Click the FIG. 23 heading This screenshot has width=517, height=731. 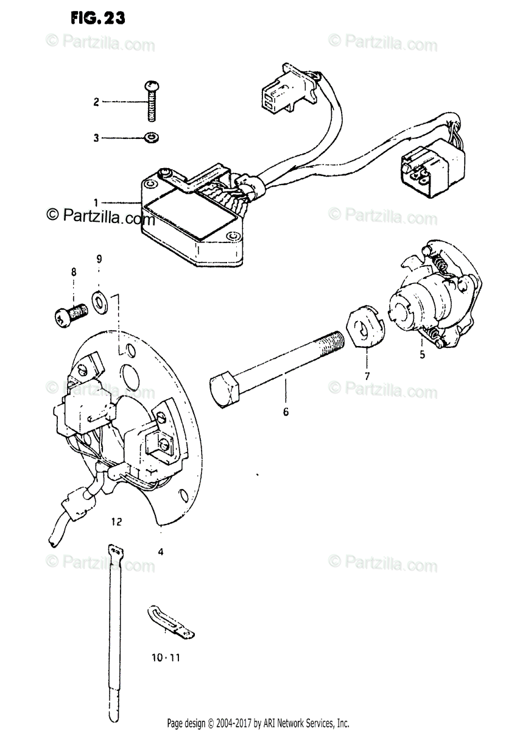click(x=97, y=18)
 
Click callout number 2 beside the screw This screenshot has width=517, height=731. click(x=96, y=102)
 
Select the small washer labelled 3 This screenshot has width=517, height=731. click(x=150, y=138)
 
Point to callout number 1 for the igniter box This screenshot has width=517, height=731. click(x=96, y=202)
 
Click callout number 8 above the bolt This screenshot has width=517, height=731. click(x=74, y=272)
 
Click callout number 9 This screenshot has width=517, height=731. click(x=99, y=259)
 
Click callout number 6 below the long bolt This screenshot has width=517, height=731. click(x=286, y=412)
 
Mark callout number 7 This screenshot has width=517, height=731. click(x=367, y=376)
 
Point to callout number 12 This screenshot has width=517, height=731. click(x=117, y=521)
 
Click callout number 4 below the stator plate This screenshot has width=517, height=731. click(x=160, y=553)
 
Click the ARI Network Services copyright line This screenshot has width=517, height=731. click(x=258, y=723)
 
